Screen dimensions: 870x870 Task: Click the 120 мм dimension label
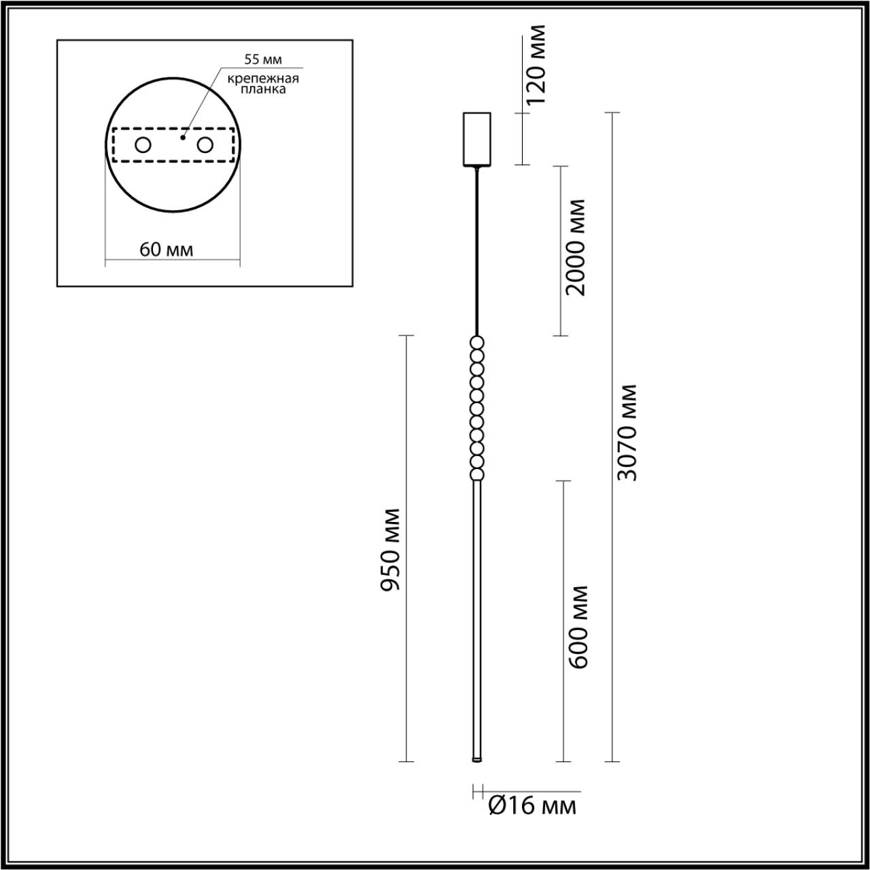[x=536, y=65]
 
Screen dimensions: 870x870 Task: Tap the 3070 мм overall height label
[x=627, y=432]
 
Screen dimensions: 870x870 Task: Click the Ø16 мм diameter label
[x=532, y=806]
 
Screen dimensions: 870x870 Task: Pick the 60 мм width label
[x=167, y=249]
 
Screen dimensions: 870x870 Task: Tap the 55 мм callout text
[x=263, y=60]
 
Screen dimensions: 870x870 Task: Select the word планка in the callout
[x=264, y=89]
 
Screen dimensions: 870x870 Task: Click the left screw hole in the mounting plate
[x=143, y=145]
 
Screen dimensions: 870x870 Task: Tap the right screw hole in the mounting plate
[x=205, y=145]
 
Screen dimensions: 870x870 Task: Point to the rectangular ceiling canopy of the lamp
[x=477, y=139]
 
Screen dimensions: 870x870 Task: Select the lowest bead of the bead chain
[x=477, y=474]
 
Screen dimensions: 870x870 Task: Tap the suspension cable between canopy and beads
[x=477, y=251]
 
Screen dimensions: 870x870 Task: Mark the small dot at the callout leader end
[x=182, y=137]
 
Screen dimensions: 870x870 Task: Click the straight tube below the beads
[x=477, y=612]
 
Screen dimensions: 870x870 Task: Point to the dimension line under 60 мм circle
[x=172, y=260]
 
